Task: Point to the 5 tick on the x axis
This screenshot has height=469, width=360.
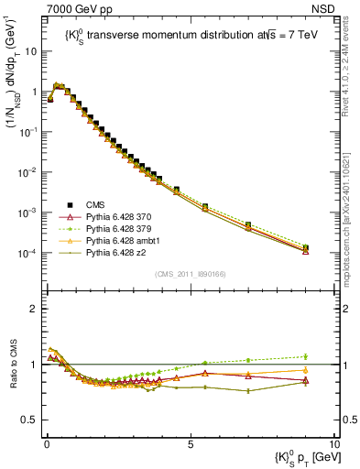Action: coord(190,442)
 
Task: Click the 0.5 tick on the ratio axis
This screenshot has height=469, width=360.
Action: coord(31,420)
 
